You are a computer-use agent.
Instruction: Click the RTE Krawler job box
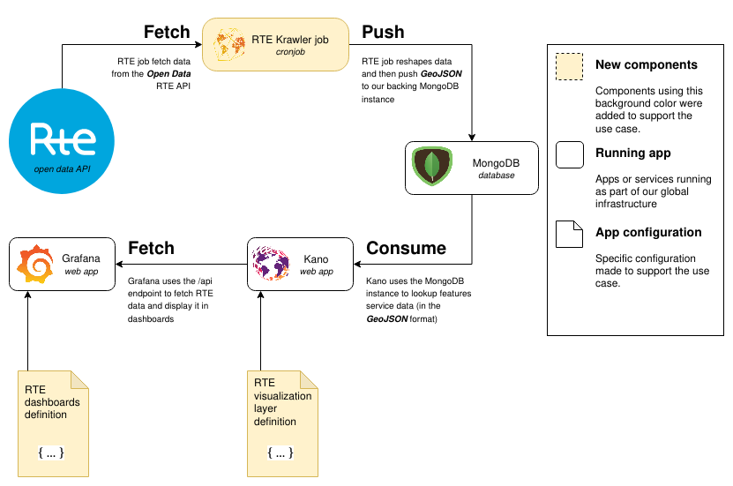point(276,44)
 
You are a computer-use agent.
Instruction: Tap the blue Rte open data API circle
point(62,141)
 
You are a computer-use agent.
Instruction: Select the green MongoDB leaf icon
point(432,167)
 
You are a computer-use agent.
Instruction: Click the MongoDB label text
point(496,163)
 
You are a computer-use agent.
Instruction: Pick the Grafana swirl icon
point(35,264)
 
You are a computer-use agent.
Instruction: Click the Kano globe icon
point(271,264)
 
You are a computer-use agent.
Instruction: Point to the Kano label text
point(316,259)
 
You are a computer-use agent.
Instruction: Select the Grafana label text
point(80,258)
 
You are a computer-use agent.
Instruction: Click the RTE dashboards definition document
point(54,423)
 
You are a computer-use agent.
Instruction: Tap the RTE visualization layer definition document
point(283,423)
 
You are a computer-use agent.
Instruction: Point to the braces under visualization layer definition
point(280,452)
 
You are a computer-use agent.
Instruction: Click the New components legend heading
point(646,65)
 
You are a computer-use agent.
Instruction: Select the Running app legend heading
point(632,153)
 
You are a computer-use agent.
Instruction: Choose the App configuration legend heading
point(648,233)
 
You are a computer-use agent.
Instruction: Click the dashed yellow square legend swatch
point(569,67)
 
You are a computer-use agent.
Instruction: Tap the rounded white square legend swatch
point(569,154)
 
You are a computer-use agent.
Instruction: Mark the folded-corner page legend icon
point(569,234)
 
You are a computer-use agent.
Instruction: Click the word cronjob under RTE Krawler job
point(289,53)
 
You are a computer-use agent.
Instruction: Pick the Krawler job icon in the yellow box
point(229,44)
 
